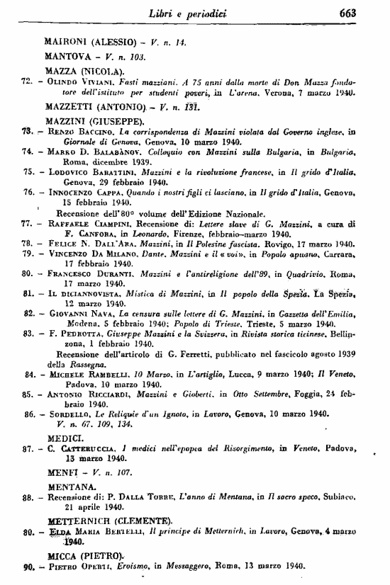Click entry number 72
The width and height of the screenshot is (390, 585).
point(28,82)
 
